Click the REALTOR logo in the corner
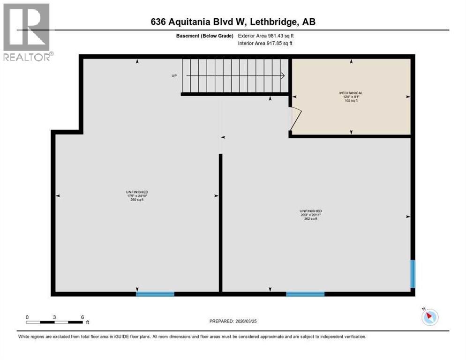[x=27, y=32]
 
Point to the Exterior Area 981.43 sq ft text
[x=266, y=36]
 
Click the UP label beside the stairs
[x=174, y=75]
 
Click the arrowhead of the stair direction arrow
[x=283, y=75]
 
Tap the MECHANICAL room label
[x=351, y=93]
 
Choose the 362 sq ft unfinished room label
[x=310, y=215]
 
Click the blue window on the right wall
[x=413, y=274]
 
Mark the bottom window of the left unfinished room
[x=155, y=294]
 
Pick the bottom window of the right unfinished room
[x=305, y=294]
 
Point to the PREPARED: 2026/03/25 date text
[x=233, y=321]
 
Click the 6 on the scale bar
[x=82, y=317]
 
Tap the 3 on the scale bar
[x=55, y=317]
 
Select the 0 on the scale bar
[x=27, y=317]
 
